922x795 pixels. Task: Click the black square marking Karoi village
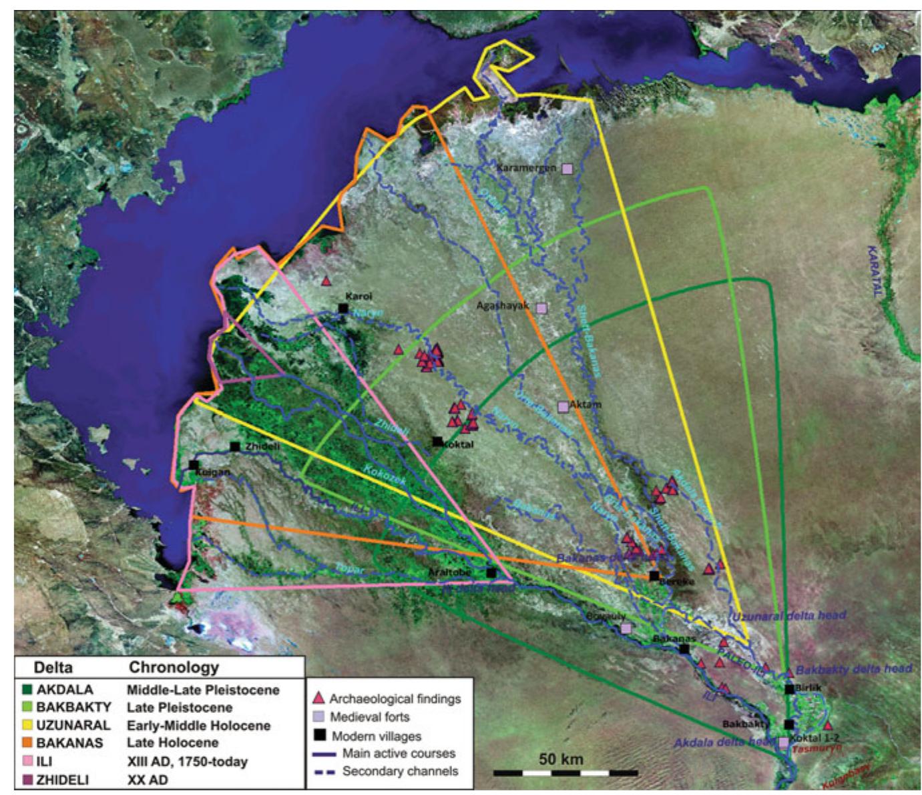342,308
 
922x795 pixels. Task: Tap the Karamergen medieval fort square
567,169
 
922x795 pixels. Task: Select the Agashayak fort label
503,306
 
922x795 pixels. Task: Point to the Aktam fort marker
563,406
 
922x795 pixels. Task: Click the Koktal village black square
437,441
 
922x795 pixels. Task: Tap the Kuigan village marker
194,465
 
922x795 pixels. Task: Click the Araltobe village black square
491,572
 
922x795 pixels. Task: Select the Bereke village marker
654,576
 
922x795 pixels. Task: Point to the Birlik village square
789,690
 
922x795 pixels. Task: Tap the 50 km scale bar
565,773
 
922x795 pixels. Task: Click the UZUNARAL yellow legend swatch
25,725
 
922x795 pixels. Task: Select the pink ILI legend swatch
25,760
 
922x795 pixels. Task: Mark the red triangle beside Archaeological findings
318,698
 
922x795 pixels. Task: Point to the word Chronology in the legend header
174,668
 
